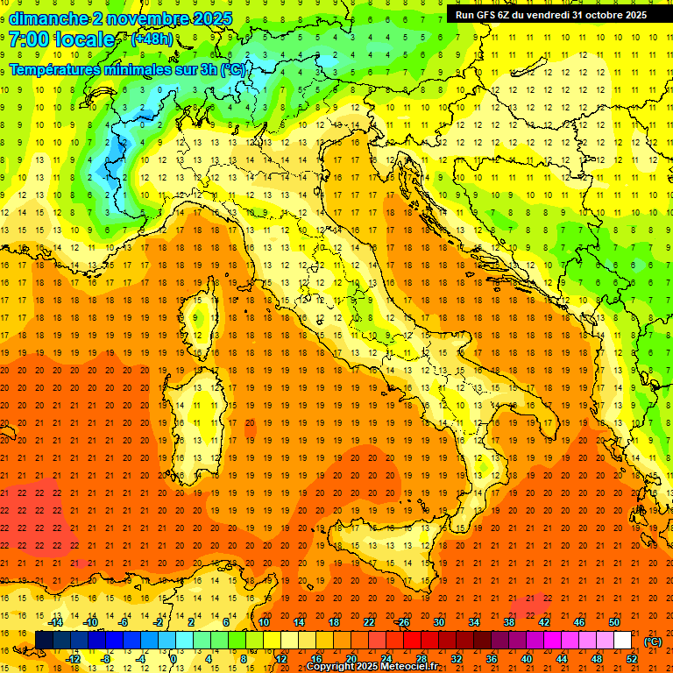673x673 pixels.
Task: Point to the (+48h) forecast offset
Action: click(x=152, y=39)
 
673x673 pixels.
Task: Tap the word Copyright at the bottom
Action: click(x=332, y=667)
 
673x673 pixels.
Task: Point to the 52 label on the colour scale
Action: click(x=632, y=659)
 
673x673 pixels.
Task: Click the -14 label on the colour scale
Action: click(x=56, y=622)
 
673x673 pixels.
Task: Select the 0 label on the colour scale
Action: click(x=174, y=659)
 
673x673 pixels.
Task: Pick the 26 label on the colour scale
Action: click(x=402, y=622)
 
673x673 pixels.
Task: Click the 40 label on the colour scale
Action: click(x=527, y=659)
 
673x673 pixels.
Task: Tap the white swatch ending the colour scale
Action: click(x=622, y=640)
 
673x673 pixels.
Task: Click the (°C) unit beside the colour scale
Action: click(x=653, y=641)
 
